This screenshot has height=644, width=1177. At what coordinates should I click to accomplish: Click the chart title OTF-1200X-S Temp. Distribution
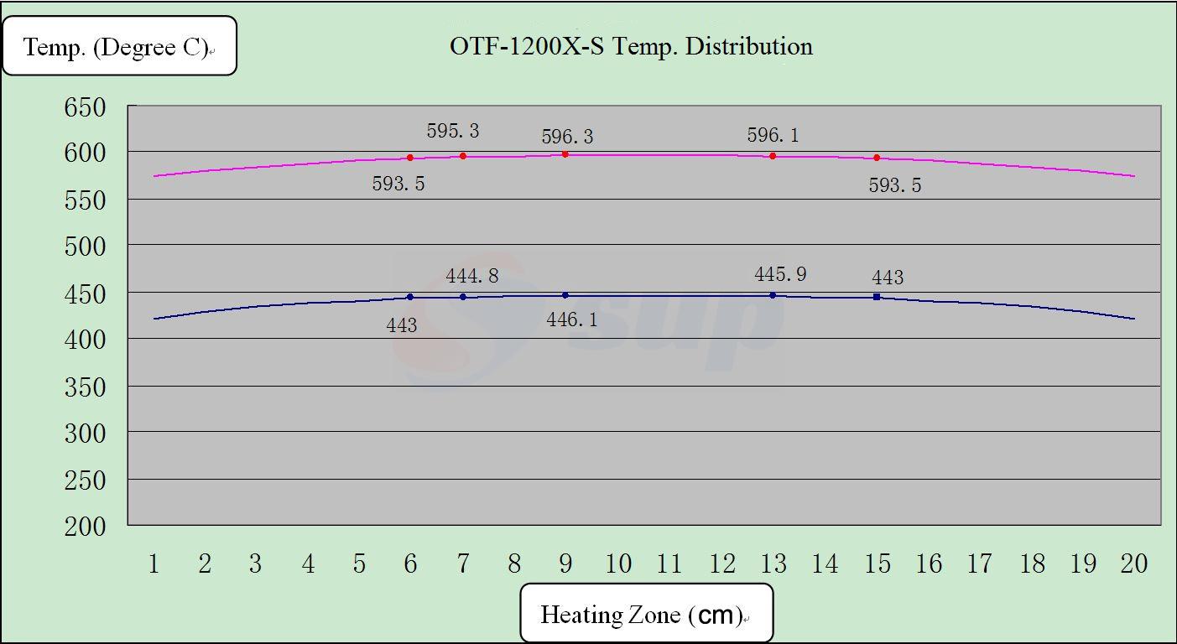pyautogui.click(x=631, y=46)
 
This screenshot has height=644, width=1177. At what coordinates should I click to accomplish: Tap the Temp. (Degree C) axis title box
pyautogui.click(x=119, y=47)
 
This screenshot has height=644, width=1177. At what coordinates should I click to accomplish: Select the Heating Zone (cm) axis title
pyautogui.click(x=645, y=615)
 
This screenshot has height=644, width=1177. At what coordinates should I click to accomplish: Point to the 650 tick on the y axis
pyautogui.click(x=85, y=107)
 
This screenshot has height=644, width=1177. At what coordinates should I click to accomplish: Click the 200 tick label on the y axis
pyautogui.click(x=85, y=527)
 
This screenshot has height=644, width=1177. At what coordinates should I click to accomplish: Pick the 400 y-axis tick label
pyautogui.click(x=85, y=340)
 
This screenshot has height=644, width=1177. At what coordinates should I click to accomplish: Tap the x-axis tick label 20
pyautogui.click(x=1133, y=563)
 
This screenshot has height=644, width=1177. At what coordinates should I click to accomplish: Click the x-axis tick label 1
pyautogui.click(x=154, y=563)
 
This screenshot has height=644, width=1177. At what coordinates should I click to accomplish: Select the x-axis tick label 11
pyautogui.click(x=669, y=563)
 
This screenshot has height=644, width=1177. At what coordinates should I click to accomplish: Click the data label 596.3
pyautogui.click(x=567, y=137)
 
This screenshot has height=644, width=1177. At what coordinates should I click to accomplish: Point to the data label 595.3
pyautogui.click(x=453, y=131)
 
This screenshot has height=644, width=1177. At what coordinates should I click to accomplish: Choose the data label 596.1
pyautogui.click(x=773, y=135)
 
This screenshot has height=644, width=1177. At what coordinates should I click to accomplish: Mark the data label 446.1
pyautogui.click(x=572, y=319)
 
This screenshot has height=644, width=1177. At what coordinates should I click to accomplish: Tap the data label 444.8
pyautogui.click(x=471, y=275)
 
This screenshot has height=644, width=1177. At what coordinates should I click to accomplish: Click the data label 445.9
pyautogui.click(x=780, y=274)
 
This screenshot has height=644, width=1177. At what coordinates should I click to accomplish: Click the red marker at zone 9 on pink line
pyautogui.click(x=565, y=154)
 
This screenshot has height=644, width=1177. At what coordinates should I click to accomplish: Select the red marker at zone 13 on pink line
pyautogui.click(x=773, y=156)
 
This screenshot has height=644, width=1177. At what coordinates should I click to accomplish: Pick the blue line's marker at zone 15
pyautogui.click(x=877, y=297)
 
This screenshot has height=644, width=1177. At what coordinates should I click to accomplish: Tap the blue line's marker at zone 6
pyautogui.click(x=410, y=297)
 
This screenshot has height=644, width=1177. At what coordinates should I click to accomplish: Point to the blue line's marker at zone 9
pyautogui.click(x=565, y=295)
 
